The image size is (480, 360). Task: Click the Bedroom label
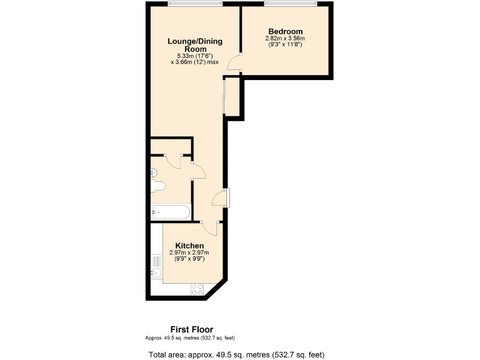point(286,32)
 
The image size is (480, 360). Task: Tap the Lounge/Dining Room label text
point(195,45)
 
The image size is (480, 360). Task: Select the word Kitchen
point(189,246)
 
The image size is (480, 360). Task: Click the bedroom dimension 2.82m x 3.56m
point(285,39)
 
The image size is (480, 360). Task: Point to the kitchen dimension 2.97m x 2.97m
point(189,252)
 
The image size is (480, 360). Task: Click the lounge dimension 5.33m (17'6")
point(195,56)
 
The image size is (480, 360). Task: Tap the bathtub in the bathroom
point(171,212)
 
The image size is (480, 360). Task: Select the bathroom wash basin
point(152,172)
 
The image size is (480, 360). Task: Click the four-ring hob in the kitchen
point(196,289)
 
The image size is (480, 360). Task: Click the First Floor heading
point(192,329)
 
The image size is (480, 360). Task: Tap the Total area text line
point(236,355)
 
